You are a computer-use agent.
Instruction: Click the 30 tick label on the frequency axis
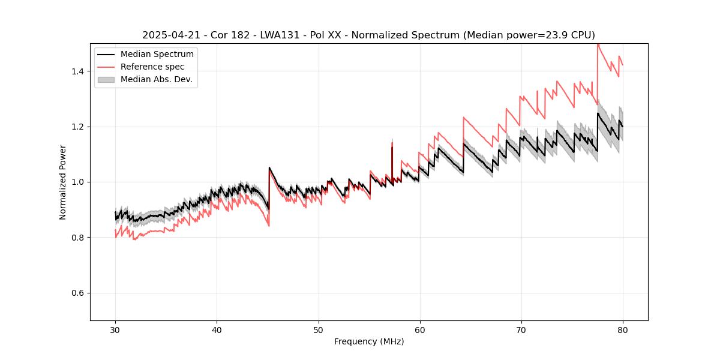click(115, 329)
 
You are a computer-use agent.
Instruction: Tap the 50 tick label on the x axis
click(318, 329)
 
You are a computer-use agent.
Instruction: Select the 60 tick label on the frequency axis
click(419, 329)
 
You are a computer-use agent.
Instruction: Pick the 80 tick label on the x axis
click(623, 329)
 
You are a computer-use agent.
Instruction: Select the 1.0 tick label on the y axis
click(80, 182)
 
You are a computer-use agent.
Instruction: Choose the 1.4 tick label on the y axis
click(80, 71)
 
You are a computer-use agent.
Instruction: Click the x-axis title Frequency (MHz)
click(369, 341)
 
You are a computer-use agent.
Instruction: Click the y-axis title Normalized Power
click(63, 182)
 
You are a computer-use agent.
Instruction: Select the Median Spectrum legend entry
click(157, 55)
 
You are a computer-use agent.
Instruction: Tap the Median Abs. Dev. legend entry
click(156, 79)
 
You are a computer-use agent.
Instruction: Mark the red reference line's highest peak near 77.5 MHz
click(598, 44)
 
